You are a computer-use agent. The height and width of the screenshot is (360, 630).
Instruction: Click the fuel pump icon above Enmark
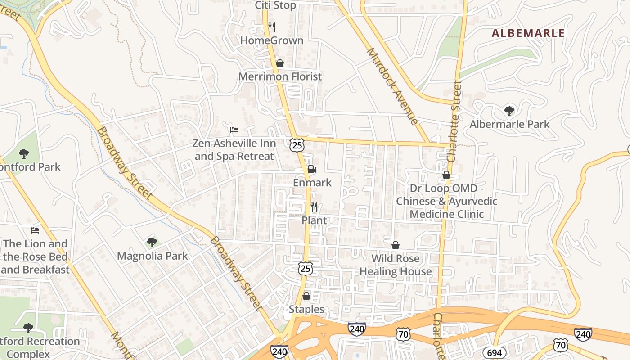pyautogui.click(x=311, y=170)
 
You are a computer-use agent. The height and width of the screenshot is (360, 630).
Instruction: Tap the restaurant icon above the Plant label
pyautogui.click(x=314, y=207)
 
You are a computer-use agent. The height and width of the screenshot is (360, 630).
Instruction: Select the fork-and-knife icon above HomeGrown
pyautogui.click(x=271, y=27)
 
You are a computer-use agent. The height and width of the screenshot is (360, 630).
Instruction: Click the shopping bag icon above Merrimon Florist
pyautogui.click(x=280, y=63)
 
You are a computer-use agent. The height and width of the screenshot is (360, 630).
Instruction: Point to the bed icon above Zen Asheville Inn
pyautogui.click(x=234, y=130)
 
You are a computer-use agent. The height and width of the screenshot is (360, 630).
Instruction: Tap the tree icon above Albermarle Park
pyautogui.click(x=509, y=111)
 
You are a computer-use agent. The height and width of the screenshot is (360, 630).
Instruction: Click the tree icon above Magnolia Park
pyautogui.click(x=152, y=243)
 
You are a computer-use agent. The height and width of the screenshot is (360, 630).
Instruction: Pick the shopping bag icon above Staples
pyautogui.click(x=306, y=296)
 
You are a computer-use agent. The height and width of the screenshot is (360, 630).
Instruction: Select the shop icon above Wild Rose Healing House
pyautogui.click(x=395, y=245)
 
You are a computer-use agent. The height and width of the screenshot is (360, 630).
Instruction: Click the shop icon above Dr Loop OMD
pyautogui.click(x=446, y=175)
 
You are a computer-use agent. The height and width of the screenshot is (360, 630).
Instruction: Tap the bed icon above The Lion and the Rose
pyautogui.click(x=35, y=230)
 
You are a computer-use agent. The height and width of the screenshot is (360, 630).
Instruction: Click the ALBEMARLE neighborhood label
pyautogui.click(x=528, y=33)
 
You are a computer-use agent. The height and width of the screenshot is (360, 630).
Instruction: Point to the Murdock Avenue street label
pyautogui.click(x=392, y=85)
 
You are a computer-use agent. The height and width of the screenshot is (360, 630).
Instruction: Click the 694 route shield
pyautogui.click(x=494, y=352)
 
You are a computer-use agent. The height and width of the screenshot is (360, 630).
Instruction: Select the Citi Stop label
pyautogui.click(x=275, y=5)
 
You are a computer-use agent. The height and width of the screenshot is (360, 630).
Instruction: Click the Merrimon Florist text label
pyautogui.click(x=280, y=76)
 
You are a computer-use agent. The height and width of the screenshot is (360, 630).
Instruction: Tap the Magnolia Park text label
pyautogui.click(x=152, y=256)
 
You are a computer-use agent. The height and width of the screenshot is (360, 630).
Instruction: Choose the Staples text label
pyautogui.click(x=306, y=309)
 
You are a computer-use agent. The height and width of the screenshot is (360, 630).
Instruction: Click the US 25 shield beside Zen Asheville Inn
pyautogui.click(x=297, y=145)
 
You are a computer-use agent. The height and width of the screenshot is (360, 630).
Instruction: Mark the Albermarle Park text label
pyautogui.click(x=509, y=124)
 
